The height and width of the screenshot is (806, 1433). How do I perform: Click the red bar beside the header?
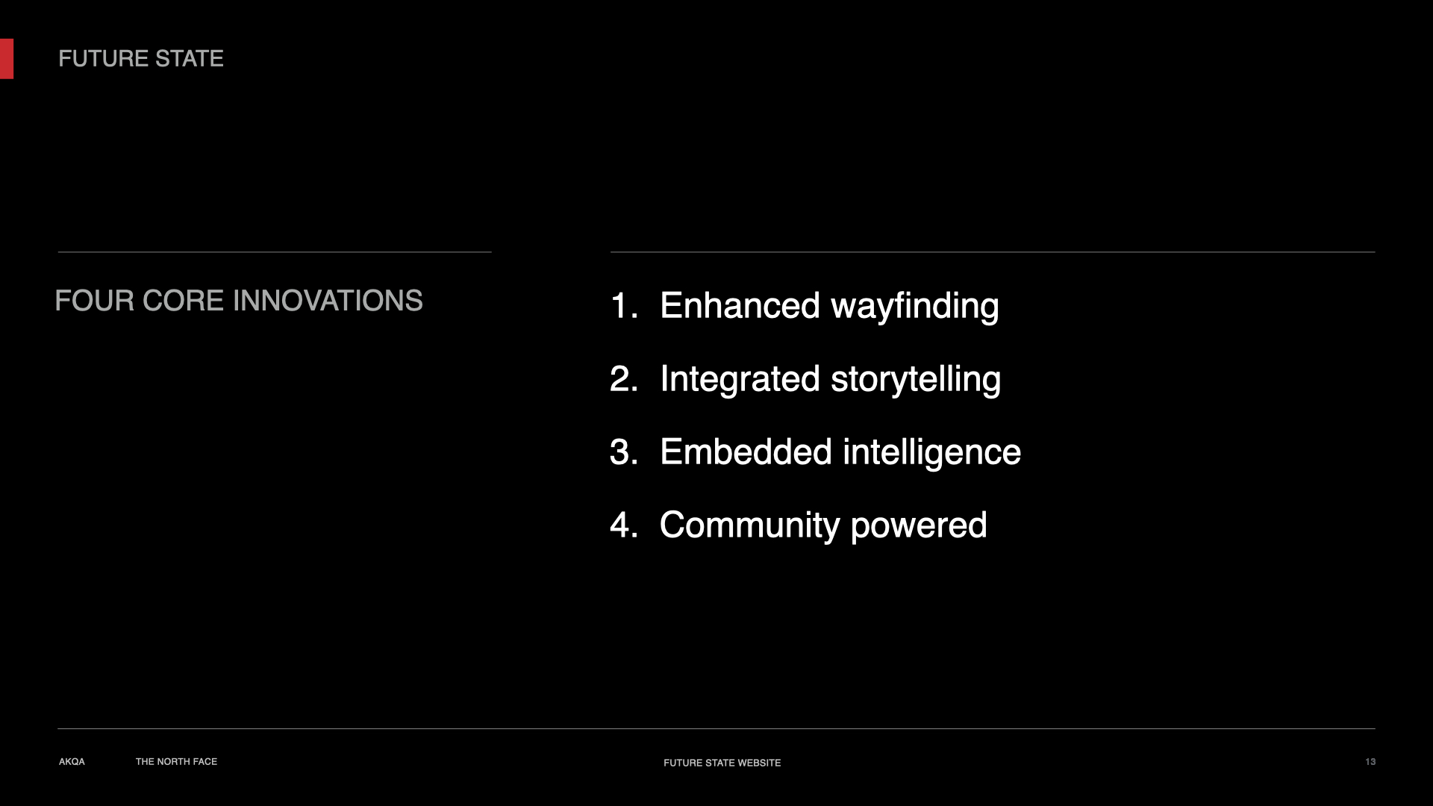coord(7,59)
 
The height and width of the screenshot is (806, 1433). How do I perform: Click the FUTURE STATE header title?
coord(141,59)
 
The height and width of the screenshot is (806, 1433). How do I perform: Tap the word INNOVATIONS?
coord(328,301)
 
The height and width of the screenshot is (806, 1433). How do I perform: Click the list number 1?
coord(624,306)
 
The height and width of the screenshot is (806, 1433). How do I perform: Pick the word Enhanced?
coord(740,306)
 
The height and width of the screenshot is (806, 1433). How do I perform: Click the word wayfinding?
coord(915,307)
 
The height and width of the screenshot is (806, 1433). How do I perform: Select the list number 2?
coord(624,379)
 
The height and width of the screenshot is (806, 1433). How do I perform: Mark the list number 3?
coord(624,452)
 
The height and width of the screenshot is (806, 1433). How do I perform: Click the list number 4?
coord(624,525)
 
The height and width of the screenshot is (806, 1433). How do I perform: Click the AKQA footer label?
coord(72,762)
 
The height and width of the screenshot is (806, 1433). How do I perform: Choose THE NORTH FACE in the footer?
coord(176,762)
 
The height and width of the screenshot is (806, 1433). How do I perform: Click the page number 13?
coord(1370,762)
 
